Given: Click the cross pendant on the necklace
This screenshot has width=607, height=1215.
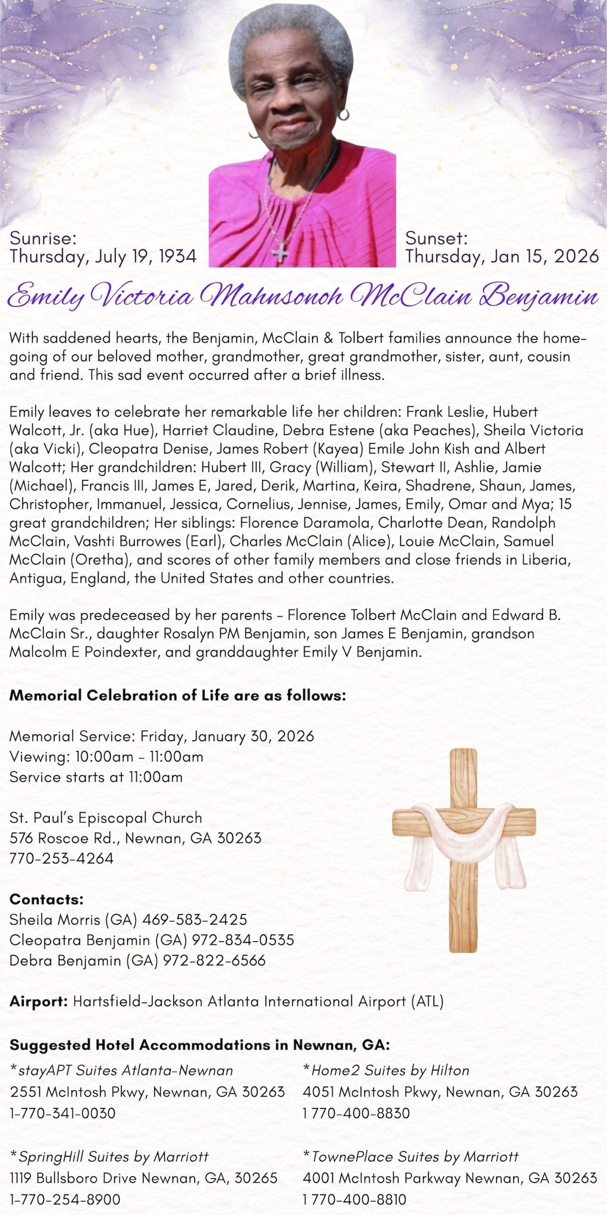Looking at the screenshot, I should (280, 252).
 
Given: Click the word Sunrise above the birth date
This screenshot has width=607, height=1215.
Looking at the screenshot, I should (43, 238).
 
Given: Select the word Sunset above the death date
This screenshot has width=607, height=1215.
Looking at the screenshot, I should (436, 238).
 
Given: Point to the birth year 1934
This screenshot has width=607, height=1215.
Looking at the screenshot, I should (177, 257).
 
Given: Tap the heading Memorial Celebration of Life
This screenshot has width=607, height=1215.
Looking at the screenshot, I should (177, 695).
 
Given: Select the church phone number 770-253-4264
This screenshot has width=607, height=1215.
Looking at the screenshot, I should (62, 859).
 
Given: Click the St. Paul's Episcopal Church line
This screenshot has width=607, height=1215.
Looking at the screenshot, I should (106, 818).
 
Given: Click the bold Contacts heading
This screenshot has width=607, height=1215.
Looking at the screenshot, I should (46, 899).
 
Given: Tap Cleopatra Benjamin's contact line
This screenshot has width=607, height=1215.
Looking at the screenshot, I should (152, 940).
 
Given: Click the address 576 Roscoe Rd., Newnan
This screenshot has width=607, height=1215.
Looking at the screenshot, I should (135, 838).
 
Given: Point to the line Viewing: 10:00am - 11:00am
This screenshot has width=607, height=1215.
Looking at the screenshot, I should (106, 757).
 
